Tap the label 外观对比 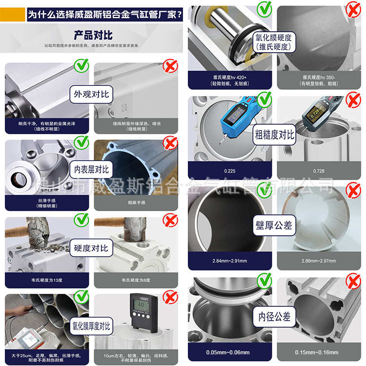click(91, 94)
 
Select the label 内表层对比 click(91, 169)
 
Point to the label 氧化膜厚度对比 click(92, 325)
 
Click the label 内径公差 click(274, 317)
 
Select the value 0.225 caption click(229, 171)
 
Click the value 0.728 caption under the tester click(319, 171)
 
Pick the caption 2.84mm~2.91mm click(229, 261)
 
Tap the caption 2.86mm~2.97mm click(319, 261)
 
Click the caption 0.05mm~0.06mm click(229, 352)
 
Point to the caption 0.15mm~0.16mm click(319, 352)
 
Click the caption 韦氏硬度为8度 click(136, 280)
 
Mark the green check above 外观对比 click(81, 65)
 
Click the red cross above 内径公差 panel click(353, 281)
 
